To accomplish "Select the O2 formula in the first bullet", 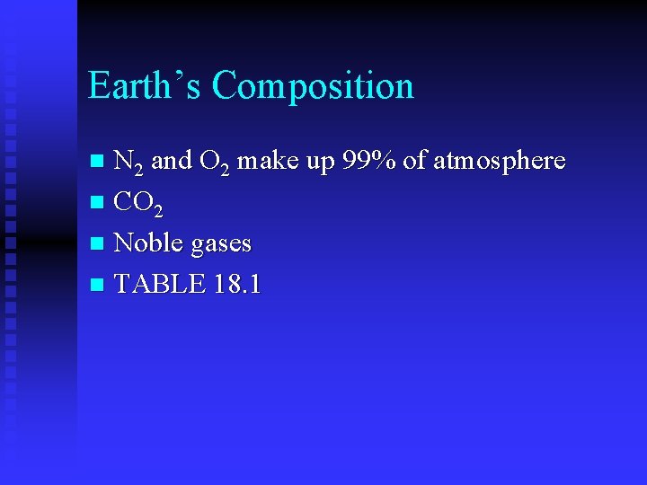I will tap(214, 163).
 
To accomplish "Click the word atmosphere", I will tap(499, 162).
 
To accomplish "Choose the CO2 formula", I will tap(139, 204).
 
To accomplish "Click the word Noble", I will tap(146, 242).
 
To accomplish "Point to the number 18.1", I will tap(238, 284).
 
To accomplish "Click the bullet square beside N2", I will tap(99, 163).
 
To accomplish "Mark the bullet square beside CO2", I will tap(99, 203).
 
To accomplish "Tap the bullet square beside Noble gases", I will tap(99, 244).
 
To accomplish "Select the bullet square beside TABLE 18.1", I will tap(99, 286).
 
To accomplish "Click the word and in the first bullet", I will tap(172, 161).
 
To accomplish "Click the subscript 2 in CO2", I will tap(158, 211).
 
